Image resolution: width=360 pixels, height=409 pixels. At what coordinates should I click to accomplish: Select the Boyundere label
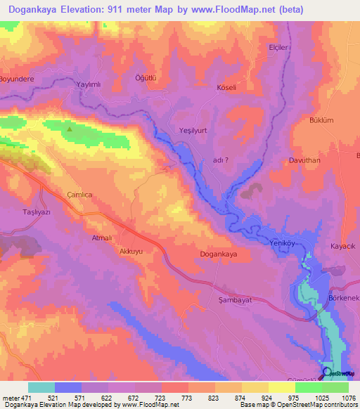click(x=18, y=79)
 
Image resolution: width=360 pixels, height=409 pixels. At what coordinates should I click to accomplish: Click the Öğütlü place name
click(x=145, y=78)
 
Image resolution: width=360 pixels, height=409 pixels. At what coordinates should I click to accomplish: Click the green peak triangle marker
click(x=69, y=129)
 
